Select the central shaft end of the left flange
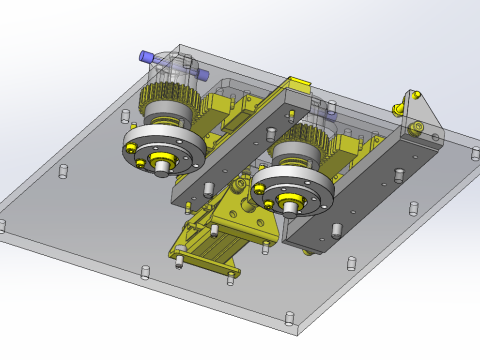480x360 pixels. click(x=161, y=168)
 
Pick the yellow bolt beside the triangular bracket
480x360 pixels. click(x=398, y=108)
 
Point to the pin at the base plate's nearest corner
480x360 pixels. click(x=289, y=319)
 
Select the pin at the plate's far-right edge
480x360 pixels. click(x=475, y=153)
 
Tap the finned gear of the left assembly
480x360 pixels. click(x=165, y=105)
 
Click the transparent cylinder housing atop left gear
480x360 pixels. click(x=170, y=76)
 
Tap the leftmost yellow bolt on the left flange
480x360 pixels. click(x=131, y=148)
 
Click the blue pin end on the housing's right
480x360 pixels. click(x=202, y=74)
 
